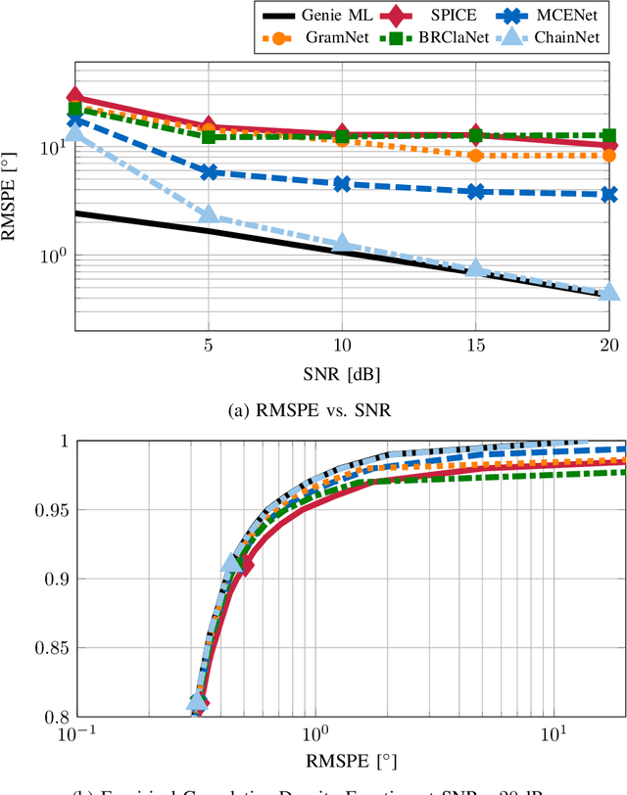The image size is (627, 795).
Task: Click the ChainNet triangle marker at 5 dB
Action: click(x=208, y=215)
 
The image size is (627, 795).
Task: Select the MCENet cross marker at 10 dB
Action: click(x=342, y=183)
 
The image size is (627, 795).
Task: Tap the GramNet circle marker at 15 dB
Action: click(x=476, y=155)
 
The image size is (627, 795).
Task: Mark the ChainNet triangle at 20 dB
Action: click(x=609, y=293)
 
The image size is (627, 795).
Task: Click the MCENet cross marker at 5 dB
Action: click(x=208, y=171)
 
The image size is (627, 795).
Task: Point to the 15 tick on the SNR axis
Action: click(x=476, y=347)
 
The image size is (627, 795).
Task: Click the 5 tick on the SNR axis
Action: click(x=208, y=347)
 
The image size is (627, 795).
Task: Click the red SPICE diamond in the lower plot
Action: click(x=244, y=565)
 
